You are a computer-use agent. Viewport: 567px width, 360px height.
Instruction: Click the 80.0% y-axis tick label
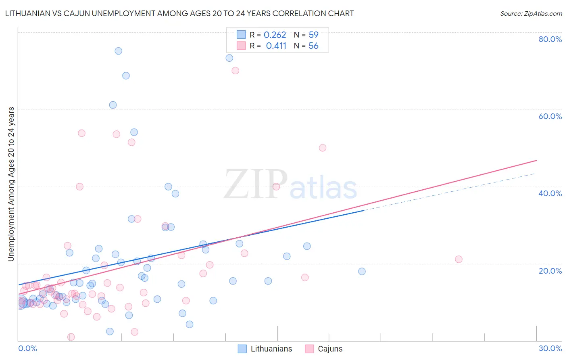(x=550, y=39)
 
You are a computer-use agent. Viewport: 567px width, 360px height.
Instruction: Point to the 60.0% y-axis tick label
(x=550, y=116)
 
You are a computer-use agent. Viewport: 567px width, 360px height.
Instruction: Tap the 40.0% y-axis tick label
(x=550, y=193)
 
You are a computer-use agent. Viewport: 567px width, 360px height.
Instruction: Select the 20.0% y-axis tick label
(x=550, y=270)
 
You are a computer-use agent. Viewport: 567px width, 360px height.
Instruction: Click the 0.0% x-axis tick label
(x=27, y=348)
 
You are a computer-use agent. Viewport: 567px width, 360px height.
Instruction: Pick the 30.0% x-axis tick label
(x=550, y=348)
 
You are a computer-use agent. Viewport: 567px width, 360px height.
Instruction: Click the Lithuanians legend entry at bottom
(x=265, y=349)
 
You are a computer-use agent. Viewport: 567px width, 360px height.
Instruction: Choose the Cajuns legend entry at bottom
(x=324, y=349)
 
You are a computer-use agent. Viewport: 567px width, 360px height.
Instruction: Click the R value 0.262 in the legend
(x=275, y=35)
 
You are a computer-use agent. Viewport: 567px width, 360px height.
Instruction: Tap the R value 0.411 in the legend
(x=276, y=46)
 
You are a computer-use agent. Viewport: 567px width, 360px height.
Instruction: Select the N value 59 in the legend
(x=313, y=35)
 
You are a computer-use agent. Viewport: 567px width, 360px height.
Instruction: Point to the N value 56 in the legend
(x=313, y=46)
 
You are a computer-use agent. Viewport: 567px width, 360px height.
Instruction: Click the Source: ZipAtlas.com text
(x=531, y=14)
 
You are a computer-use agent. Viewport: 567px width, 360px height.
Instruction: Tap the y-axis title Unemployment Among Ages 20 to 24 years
(x=11, y=184)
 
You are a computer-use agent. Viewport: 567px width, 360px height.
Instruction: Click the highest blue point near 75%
(x=118, y=51)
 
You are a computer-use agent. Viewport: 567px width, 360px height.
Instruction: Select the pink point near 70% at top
(x=236, y=71)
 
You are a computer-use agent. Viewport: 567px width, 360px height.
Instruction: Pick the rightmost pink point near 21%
(x=459, y=260)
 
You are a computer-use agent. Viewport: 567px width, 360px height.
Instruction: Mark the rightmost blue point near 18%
(x=362, y=272)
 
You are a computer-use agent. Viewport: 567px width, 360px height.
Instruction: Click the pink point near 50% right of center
(x=323, y=148)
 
